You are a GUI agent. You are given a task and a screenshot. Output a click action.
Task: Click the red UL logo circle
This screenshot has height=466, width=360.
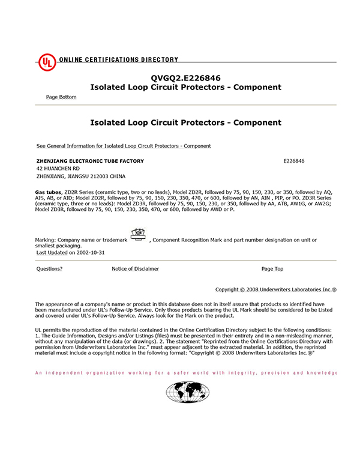(x=47, y=62)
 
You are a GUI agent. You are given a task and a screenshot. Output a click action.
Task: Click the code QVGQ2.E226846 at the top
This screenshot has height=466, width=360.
(x=185, y=77)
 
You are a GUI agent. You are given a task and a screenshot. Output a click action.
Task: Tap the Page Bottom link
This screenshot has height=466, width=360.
(x=61, y=97)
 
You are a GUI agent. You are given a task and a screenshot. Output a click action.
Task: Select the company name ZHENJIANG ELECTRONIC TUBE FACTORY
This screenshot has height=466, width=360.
(x=91, y=161)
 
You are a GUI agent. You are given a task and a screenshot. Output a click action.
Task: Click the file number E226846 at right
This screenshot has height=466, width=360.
(x=294, y=161)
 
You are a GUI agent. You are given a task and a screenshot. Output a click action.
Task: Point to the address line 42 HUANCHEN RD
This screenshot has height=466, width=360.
(x=58, y=169)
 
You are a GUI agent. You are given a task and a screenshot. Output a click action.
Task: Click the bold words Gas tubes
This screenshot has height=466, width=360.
(x=49, y=192)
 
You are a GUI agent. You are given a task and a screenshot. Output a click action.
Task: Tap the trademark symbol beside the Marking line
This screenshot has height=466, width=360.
(x=138, y=235)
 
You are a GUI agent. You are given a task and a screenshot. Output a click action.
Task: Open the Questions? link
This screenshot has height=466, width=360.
(x=49, y=269)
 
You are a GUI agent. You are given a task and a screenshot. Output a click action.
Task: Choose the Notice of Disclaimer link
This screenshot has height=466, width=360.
(x=135, y=269)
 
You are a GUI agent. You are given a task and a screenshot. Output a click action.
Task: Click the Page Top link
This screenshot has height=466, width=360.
(x=272, y=269)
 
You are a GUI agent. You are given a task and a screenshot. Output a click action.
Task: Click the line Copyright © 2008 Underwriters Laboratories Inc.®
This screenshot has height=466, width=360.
(x=275, y=289)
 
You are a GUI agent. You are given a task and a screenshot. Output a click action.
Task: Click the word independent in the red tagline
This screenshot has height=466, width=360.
(x=66, y=373)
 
